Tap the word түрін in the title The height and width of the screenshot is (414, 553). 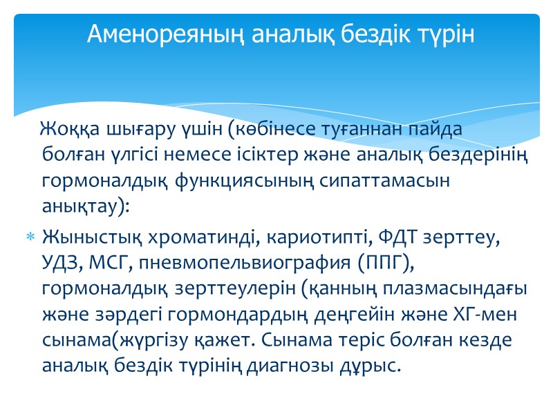[447, 34]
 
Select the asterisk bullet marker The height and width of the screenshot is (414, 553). [30, 238]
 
